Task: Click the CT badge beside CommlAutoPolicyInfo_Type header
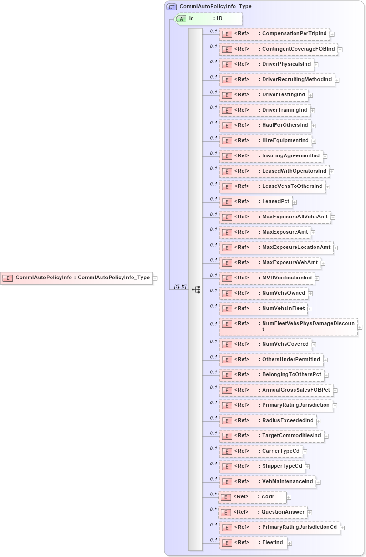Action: [x=172, y=7]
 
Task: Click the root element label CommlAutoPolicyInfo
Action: [x=44, y=278]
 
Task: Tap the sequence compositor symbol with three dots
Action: [x=195, y=289]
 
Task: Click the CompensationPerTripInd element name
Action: [x=295, y=34]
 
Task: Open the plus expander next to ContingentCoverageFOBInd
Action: [x=340, y=49]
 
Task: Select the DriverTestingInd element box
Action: [x=263, y=95]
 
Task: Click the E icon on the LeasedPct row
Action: [x=227, y=202]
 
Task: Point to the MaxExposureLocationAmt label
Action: [x=296, y=248]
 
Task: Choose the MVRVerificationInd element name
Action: [x=287, y=278]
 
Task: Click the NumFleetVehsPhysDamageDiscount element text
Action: [x=308, y=324]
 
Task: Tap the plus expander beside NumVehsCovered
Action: [x=314, y=344]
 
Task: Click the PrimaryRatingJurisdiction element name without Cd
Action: [x=296, y=405]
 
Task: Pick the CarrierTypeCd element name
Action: [x=281, y=451]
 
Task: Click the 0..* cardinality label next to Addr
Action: [x=213, y=494]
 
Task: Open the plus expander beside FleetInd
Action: [x=290, y=543]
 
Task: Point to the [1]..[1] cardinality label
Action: [x=180, y=287]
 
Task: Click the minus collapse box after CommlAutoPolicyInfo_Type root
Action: [x=155, y=278]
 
